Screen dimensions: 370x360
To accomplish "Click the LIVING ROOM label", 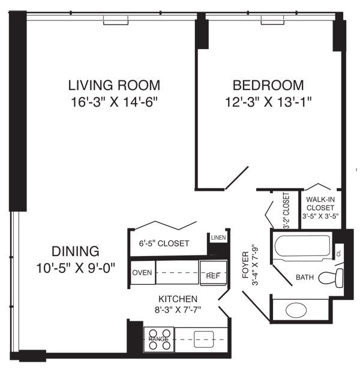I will point(114,85).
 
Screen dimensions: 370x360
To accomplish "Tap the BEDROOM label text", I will point(260,85).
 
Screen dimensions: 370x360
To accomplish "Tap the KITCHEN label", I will point(178,299).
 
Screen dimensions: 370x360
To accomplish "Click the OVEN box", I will point(142,272).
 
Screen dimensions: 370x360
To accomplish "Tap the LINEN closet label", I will point(217,239).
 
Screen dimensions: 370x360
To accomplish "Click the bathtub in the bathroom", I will point(302,246).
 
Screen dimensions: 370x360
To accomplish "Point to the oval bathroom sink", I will point(295,310).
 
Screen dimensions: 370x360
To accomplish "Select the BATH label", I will point(305,278).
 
